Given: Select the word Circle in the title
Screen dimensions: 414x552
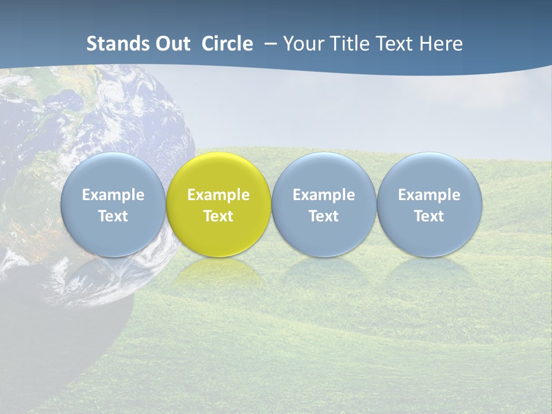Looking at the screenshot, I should pos(227,44).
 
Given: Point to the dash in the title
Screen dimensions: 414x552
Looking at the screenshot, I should pos(269,44).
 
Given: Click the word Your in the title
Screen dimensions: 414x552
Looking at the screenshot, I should pos(302,44).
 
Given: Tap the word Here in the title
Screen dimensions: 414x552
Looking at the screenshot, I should pos(441,44).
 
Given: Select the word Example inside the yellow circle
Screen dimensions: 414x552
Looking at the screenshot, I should pos(218,195).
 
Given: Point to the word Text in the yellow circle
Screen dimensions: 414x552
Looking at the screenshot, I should pos(218,216).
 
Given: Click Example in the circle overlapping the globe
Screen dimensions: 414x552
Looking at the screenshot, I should pos(113,195).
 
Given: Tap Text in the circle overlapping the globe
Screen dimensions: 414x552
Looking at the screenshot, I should pos(113,216).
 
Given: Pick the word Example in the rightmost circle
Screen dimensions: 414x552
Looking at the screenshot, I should pos(430,195).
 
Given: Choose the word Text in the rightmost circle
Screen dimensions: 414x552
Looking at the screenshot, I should pos(430,216).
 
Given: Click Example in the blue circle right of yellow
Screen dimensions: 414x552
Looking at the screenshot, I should pos(324,195).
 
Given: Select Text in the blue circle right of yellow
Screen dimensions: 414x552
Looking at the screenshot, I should pos(324,216).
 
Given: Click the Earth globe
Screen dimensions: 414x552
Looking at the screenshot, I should pos(86,115).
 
